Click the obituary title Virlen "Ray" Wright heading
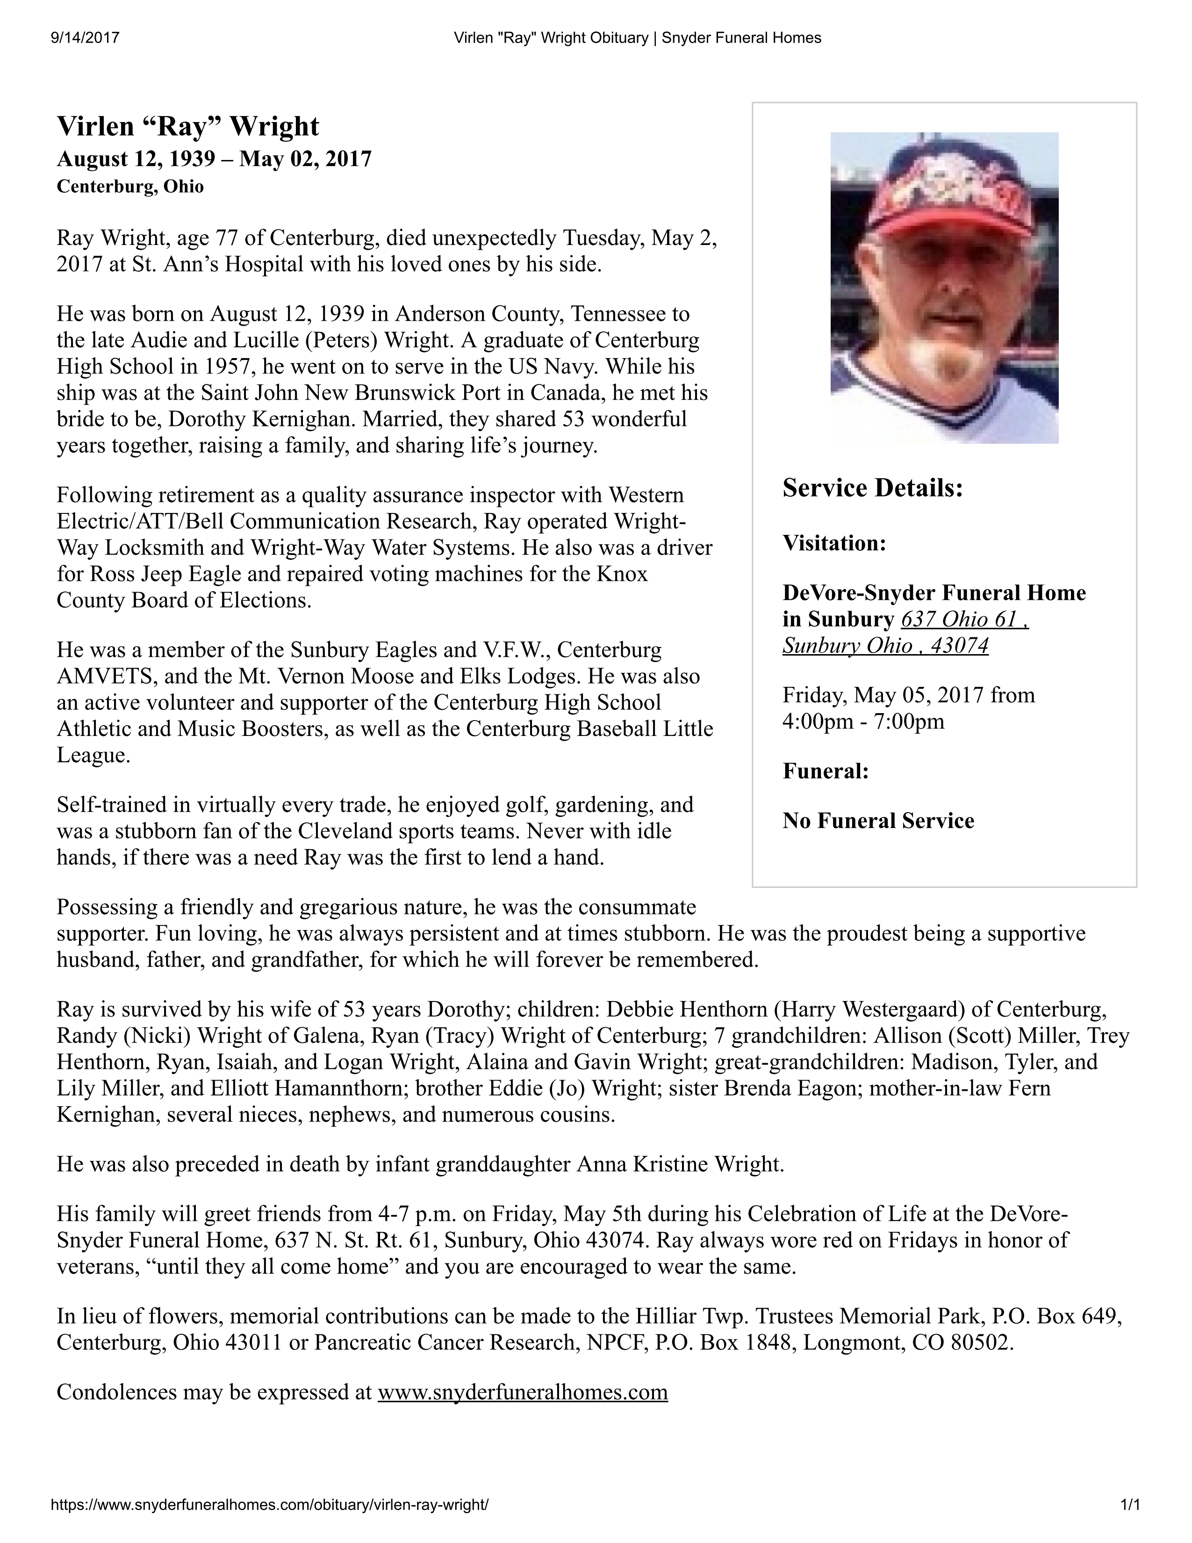(188, 126)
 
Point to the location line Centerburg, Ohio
(130, 187)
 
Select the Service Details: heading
(873, 488)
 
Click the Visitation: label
(834, 543)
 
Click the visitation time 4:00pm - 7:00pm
(863, 721)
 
